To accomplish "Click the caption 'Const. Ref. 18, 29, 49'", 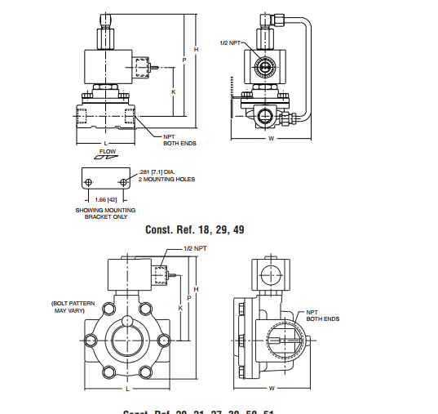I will [x=194, y=229].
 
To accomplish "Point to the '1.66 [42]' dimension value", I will [x=106, y=199].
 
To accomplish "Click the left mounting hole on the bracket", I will [x=88, y=180].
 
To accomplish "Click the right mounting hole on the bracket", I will [x=123, y=180].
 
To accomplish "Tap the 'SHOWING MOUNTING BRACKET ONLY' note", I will [x=105, y=214].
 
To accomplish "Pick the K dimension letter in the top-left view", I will [x=174, y=91].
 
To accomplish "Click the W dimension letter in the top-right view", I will [x=271, y=138].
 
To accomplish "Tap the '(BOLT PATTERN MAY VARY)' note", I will [x=73, y=307].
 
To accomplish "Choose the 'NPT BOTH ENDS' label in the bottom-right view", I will [x=322, y=315].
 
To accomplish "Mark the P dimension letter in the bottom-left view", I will [x=189, y=298].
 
